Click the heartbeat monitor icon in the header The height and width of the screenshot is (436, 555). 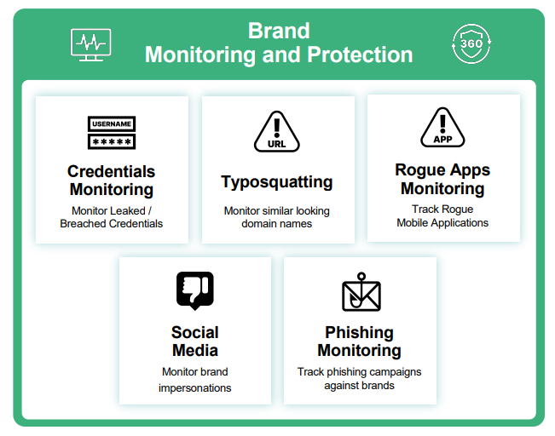(90, 45)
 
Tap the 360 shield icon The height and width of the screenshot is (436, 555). (471, 43)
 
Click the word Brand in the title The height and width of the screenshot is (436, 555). (279, 31)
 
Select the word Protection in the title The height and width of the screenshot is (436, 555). (360, 54)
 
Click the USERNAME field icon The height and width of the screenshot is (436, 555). (112, 124)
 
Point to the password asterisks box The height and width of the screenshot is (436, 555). (112, 142)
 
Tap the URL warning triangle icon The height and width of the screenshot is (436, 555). (277, 132)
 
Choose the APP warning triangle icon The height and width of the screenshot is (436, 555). (442, 128)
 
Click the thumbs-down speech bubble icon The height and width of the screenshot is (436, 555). (195, 290)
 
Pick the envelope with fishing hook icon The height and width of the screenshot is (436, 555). (361, 292)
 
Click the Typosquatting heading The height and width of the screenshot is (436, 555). (277, 182)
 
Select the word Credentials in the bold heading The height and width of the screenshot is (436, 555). (111, 171)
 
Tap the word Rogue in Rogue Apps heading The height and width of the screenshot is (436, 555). (418, 170)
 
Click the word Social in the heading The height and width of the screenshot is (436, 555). (195, 332)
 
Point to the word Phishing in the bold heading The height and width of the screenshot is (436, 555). (359, 333)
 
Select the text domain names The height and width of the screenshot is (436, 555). (277, 224)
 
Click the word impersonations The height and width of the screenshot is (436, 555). (195, 388)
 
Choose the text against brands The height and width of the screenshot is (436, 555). (359, 386)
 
